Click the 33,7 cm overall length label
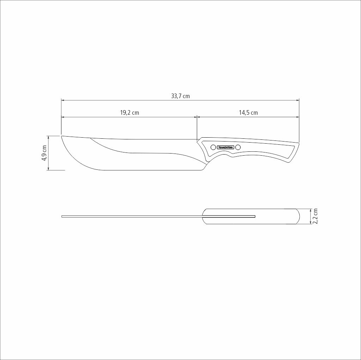[180, 96]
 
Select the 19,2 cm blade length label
[129, 113]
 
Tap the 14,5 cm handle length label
[248, 113]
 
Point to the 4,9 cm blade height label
[44, 153]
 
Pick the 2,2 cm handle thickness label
[315, 216]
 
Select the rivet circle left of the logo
[213, 147]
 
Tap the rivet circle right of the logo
[238, 147]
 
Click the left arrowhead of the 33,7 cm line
[63, 100]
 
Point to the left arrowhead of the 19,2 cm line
[63, 117]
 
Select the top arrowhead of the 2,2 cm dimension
[310, 210]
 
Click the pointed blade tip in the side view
[62, 136]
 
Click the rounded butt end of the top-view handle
[299, 216]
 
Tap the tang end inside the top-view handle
[255, 216]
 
